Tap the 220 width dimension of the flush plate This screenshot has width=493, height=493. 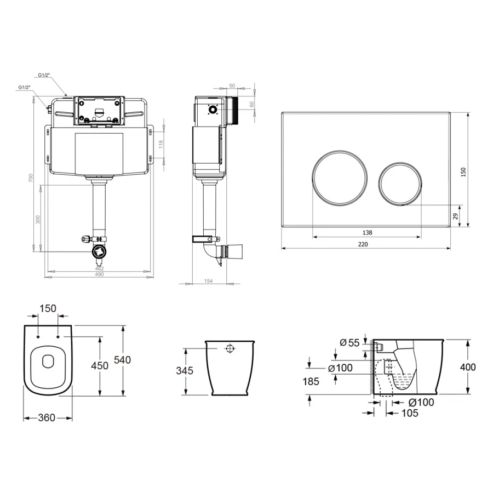363,244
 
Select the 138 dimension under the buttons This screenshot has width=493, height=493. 367,233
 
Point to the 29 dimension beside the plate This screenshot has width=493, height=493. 456,216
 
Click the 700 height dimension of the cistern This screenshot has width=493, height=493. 31,178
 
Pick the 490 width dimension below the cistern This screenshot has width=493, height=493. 99,274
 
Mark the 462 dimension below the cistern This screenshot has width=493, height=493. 99,268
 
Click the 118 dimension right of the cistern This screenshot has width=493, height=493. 161,144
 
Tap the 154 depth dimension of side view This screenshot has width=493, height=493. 209,281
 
